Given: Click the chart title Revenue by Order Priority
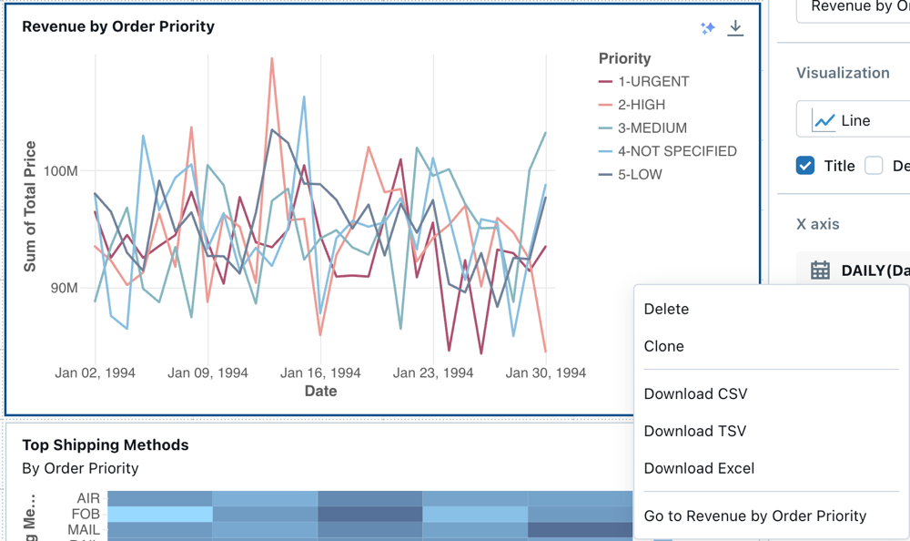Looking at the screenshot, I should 118,26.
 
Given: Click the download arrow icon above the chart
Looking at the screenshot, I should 735,28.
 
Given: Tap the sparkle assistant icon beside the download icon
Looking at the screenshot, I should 708,28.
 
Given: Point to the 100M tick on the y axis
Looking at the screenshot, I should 60,171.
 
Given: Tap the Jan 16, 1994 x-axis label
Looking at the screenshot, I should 320,373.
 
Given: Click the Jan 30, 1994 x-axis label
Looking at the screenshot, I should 546,373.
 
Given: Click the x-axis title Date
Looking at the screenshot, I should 320,391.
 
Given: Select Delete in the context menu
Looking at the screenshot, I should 666,309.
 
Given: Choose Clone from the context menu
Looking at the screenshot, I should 663,346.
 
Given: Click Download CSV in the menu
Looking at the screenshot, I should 695,393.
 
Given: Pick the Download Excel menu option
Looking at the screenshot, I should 699,468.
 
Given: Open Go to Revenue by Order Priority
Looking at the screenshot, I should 754,515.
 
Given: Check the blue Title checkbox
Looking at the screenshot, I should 805,165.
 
